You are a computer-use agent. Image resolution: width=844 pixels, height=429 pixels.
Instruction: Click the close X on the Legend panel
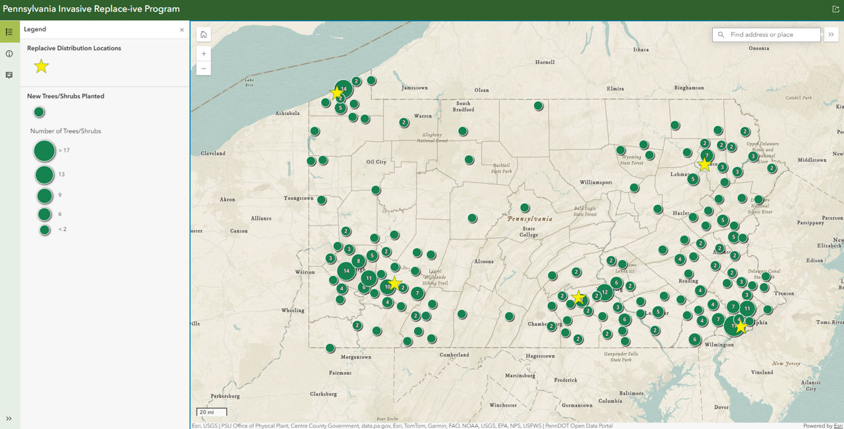[x=182, y=30]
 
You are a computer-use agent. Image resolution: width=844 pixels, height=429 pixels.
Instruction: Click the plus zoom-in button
[x=204, y=53]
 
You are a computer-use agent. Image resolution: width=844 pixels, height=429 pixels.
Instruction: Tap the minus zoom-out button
[x=204, y=68]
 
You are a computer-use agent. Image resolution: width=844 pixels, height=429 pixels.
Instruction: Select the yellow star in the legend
[x=42, y=66]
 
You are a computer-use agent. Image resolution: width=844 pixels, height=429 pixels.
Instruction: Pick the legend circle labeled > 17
[x=44, y=151]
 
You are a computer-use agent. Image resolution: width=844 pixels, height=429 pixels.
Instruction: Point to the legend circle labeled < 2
[x=44, y=230]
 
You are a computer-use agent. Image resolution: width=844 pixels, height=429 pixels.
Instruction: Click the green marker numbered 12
[x=605, y=292]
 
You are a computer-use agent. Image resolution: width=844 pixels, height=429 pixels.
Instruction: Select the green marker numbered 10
[x=388, y=286]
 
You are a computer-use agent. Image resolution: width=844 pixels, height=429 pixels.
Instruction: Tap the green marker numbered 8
[x=358, y=261]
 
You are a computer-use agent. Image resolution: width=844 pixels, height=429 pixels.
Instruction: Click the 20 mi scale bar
[x=211, y=412]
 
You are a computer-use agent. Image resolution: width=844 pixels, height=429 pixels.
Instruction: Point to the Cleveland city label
[x=213, y=153]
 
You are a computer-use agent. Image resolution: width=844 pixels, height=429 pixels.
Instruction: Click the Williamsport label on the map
[x=596, y=182]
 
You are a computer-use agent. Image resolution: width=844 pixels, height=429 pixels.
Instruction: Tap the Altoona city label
[x=483, y=261]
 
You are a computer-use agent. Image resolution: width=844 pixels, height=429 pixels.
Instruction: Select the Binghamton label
[x=688, y=88]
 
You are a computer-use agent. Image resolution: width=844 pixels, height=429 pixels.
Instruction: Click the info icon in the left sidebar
[x=9, y=53]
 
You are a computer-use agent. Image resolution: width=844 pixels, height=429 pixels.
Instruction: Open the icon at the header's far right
[x=835, y=9]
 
